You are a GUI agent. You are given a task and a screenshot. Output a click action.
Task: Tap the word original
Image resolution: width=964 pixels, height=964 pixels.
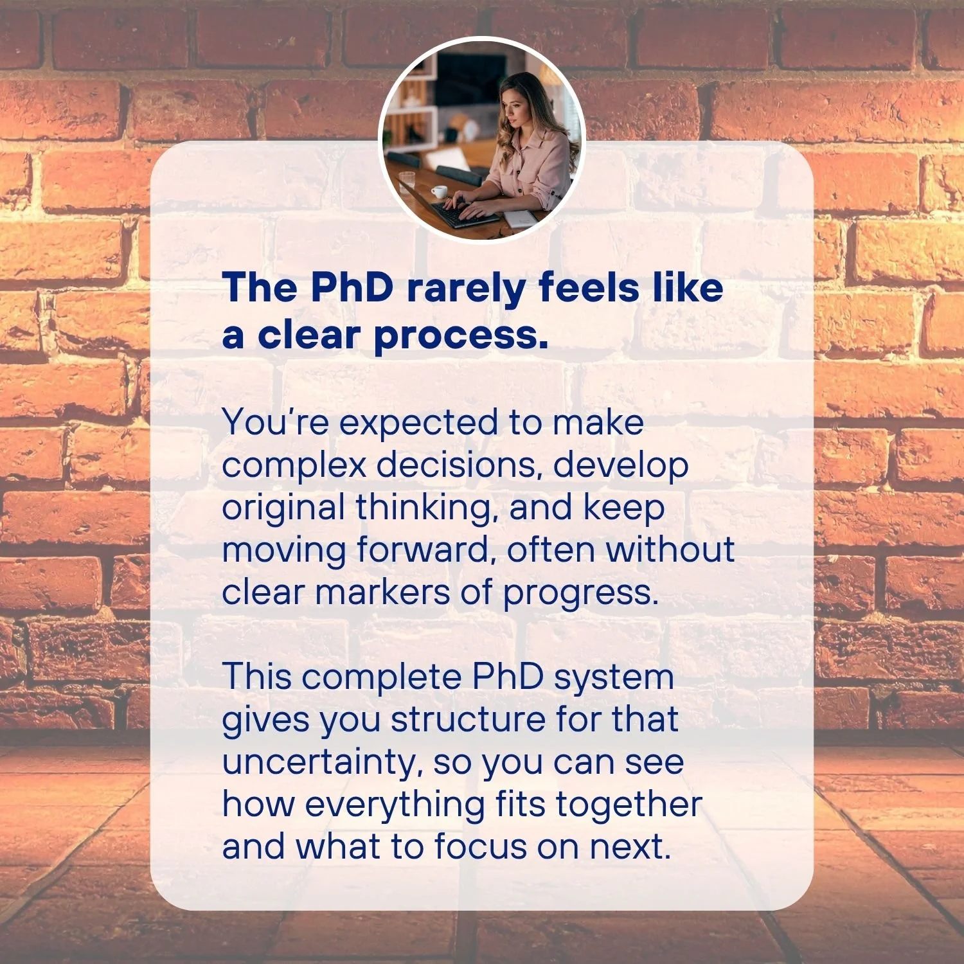point(283,508)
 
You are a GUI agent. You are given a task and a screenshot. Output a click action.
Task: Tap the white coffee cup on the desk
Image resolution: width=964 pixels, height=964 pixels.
point(440,192)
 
